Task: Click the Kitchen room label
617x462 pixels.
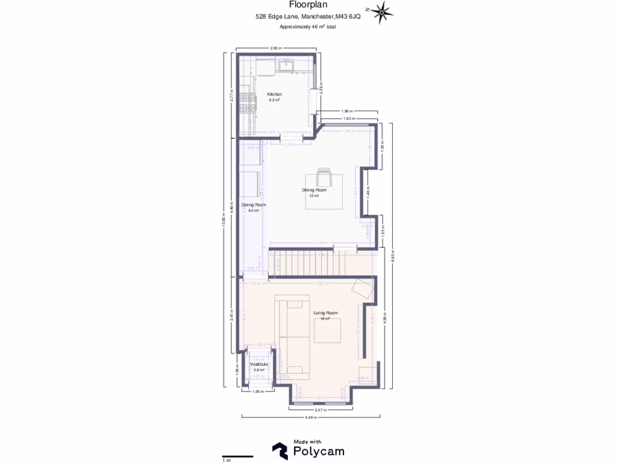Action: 275,95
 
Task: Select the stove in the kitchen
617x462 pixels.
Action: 246,103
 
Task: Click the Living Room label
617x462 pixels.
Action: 325,313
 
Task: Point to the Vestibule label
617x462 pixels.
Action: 259,365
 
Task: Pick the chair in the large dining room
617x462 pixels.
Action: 324,177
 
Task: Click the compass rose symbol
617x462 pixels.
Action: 382,13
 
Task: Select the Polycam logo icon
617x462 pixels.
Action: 280,451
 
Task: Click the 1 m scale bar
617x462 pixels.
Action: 237,456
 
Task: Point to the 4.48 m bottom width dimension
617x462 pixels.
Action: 310,417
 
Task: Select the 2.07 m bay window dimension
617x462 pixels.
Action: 321,410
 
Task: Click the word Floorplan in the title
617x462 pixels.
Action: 308,5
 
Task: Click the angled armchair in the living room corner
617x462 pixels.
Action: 364,288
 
